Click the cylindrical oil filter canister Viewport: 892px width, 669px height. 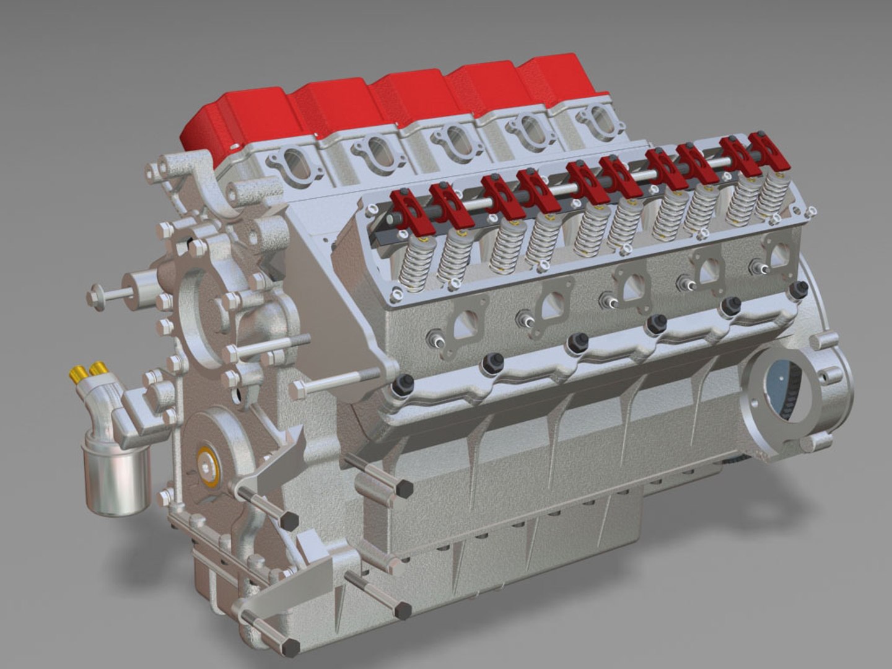click(x=116, y=477)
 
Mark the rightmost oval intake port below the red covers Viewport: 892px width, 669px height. click(x=598, y=119)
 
